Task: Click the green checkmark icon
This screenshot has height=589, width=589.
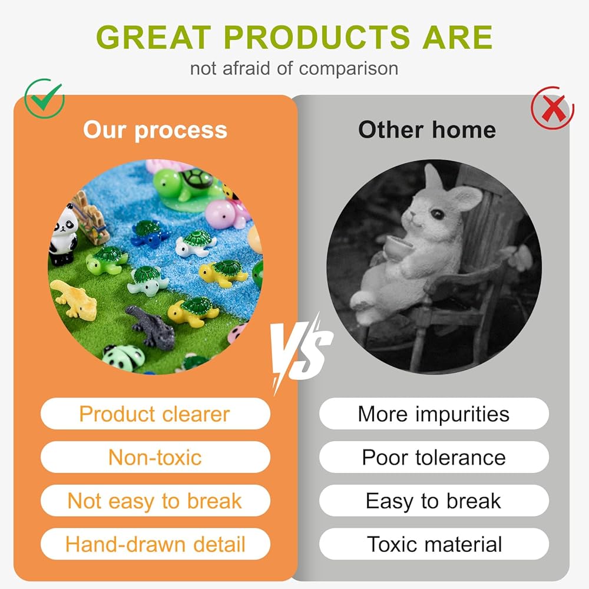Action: point(44,98)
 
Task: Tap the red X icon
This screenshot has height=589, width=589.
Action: point(552,108)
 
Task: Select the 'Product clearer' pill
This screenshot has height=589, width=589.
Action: point(155,413)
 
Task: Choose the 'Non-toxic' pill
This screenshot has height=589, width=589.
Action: point(155,457)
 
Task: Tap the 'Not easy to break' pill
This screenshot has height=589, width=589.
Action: point(155,501)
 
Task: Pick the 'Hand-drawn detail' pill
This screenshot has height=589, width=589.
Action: point(155,544)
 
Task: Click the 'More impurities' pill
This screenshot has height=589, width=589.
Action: point(434,413)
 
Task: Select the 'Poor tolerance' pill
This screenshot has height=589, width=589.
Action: point(434,457)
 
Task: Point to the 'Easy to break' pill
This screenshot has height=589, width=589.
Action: point(434,501)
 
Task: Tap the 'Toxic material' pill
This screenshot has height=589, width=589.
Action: point(434,544)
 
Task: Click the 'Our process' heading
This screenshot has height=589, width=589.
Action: point(155,130)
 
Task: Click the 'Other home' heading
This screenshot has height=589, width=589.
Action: point(427,130)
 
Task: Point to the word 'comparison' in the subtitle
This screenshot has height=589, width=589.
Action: point(349,69)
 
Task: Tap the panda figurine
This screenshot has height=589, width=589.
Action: point(63,235)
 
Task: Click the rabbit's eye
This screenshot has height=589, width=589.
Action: point(438,214)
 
